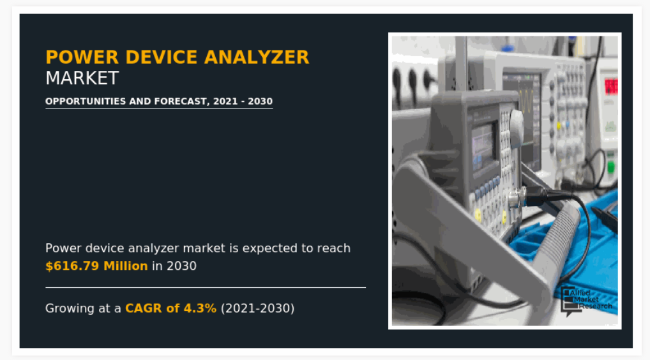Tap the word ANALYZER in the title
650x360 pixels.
coord(257,57)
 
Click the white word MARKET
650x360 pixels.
coord(82,79)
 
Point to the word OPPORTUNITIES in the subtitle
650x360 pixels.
coord(86,101)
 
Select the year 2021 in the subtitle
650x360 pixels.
coord(225,101)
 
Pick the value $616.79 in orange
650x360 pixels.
coord(72,266)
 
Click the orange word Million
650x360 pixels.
coord(126,266)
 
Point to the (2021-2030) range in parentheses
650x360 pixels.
coord(257,308)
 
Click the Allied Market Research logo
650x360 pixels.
coord(586,301)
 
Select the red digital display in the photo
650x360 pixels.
coord(611,86)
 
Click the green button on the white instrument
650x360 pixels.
coord(610,167)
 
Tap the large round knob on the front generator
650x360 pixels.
coord(517,123)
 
